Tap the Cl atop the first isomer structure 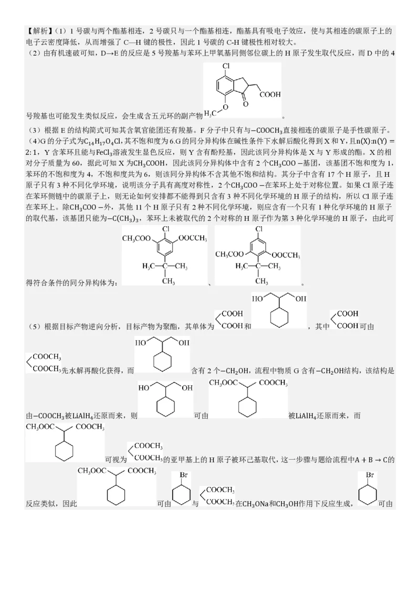165,229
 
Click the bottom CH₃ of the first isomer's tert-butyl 168,281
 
